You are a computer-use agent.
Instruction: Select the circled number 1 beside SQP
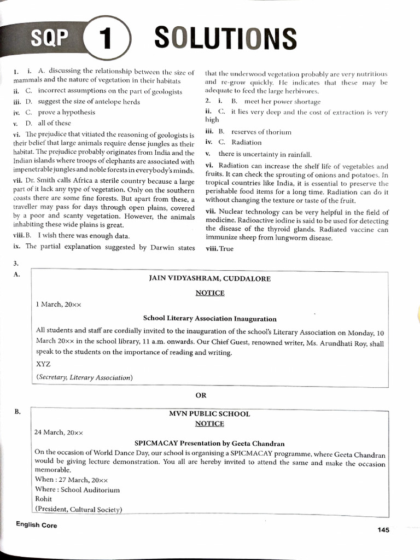(106, 40)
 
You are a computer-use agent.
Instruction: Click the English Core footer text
(37, 525)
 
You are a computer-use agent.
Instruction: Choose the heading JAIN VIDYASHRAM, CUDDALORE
(210, 278)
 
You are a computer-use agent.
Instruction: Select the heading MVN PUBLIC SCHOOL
(209, 413)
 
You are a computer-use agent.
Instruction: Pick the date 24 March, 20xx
(59, 431)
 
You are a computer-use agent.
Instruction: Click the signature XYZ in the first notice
(43, 363)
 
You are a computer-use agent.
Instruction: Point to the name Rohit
(43, 499)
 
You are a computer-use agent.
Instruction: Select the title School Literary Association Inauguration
(209, 318)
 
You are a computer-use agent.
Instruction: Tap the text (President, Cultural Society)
(78, 509)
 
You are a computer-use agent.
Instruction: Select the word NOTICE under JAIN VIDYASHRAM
(210, 293)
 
